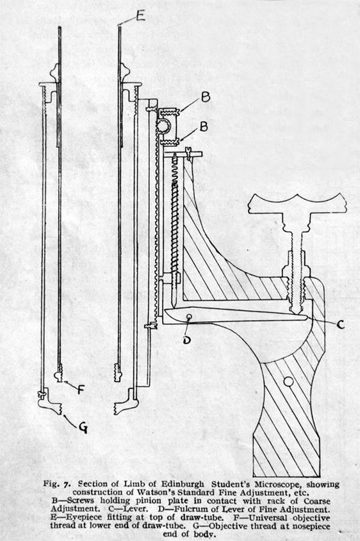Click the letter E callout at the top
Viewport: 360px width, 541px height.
tap(140, 15)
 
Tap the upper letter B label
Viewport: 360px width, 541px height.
tap(206, 97)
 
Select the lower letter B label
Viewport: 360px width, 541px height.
tap(204, 127)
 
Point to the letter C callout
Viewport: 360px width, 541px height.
tap(340, 325)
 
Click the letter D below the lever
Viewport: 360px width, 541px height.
tap(186, 340)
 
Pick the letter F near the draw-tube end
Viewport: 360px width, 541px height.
tap(80, 389)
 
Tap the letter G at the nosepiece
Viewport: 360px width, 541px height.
tap(83, 428)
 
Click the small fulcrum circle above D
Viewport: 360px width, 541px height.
tap(188, 317)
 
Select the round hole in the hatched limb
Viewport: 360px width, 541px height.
tap(288, 381)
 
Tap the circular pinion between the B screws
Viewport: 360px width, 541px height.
tap(163, 126)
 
